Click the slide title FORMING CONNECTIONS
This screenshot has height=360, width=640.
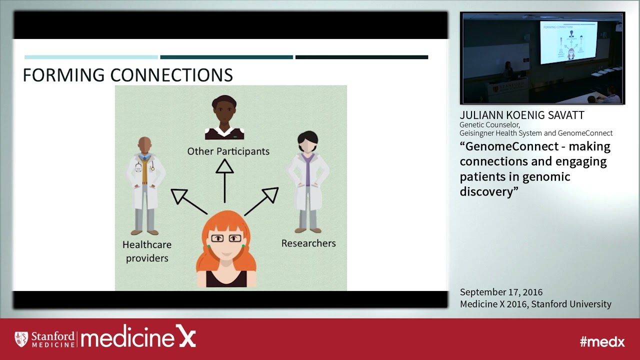[x=128, y=75]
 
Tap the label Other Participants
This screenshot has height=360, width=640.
[x=228, y=151]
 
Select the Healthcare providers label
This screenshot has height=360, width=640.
[x=147, y=251]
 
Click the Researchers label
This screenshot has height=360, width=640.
[x=308, y=243]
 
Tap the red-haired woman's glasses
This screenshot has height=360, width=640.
[x=226, y=238]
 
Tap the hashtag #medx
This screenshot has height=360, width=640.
[x=602, y=341]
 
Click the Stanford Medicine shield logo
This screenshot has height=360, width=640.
[x=21, y=339]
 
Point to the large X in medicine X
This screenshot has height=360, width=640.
[x=185, y=337]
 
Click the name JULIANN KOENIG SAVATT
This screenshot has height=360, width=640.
[x=522, y=115]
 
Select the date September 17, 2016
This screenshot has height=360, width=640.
[x=501, y=292]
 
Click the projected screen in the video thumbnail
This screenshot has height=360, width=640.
[x=568, y=42]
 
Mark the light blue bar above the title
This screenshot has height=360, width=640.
[x=91, y=57]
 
